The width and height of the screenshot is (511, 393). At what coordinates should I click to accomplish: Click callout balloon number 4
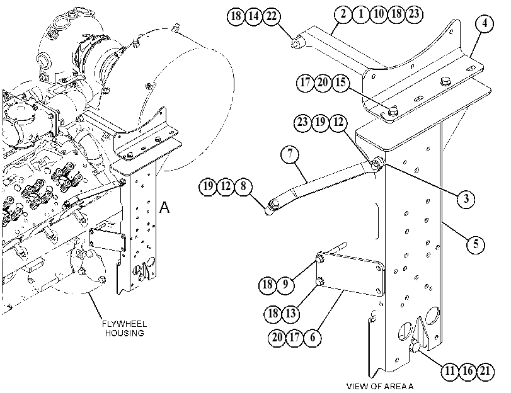(485, 24)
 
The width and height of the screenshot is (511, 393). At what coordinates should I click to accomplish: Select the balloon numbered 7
(290, 154)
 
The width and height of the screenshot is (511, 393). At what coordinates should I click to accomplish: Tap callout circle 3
(466, 198)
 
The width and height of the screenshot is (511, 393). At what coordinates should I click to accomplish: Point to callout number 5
(476, 244)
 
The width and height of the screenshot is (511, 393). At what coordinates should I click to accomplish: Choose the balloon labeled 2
(343, 14)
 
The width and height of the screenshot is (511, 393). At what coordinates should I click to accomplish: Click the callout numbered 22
(272, 16)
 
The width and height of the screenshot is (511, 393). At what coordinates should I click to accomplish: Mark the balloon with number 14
(254, 16)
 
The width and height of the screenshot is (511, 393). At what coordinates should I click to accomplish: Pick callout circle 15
(340, 83)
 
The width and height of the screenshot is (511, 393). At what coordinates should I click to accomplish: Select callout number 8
(243, 186)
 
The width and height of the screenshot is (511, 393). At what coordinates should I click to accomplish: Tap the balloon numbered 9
(285, 285)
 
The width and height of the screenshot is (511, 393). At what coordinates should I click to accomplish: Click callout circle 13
(290, 314)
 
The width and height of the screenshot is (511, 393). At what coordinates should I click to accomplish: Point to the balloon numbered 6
(313, 338)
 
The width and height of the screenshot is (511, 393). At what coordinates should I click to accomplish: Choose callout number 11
(450, 371)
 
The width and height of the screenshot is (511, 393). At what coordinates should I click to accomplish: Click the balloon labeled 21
(485, 371)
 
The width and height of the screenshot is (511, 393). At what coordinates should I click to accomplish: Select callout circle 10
(378, 14)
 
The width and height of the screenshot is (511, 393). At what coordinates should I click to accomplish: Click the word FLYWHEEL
(124, 324)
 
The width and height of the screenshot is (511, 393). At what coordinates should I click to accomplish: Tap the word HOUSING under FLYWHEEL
(124, 333)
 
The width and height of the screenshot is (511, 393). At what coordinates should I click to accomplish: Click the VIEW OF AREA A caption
(380, 387)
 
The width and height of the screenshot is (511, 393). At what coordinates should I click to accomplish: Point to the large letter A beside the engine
(164, 207)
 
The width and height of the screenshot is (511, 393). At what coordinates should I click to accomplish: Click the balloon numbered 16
(468, 371)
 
